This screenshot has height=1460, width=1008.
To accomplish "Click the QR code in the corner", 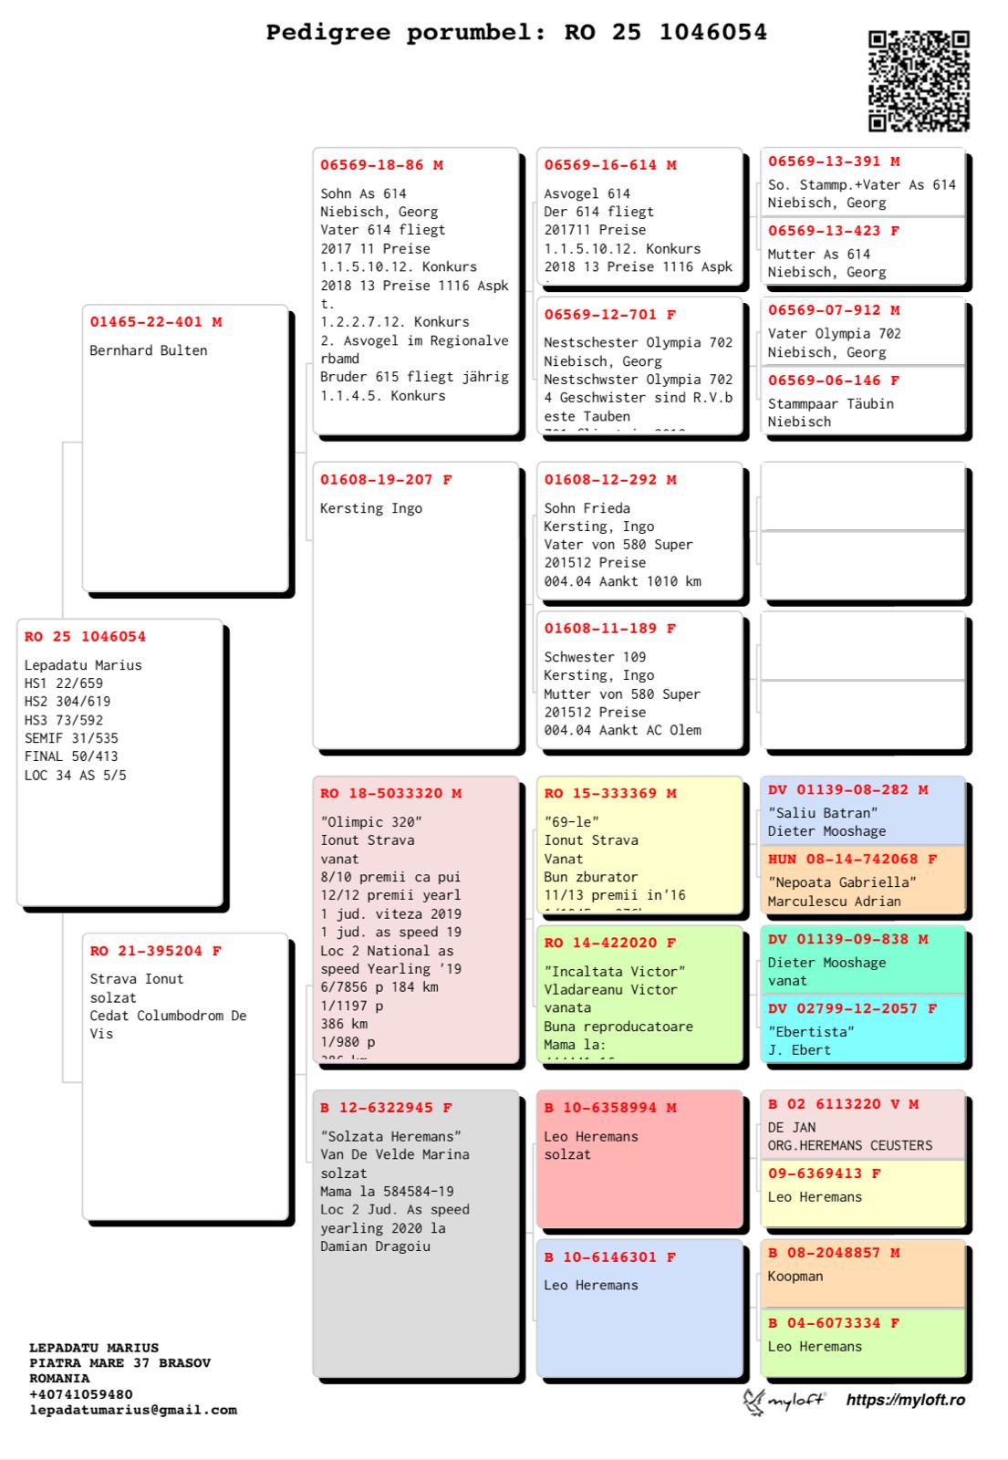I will [918, 81].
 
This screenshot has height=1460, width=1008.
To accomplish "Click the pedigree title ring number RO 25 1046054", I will [665, 33].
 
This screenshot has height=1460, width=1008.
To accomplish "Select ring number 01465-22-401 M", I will [155, 322].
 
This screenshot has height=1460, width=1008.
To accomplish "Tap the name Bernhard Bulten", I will [148, 350].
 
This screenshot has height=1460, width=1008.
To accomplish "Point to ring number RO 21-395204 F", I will [155, 951].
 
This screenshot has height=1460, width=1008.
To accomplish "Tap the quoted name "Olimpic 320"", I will [370, 822].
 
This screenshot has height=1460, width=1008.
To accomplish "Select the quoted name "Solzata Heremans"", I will [390, 1136].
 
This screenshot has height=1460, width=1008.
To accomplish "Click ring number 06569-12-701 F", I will [609, 315].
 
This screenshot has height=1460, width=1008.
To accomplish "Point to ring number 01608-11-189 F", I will [609, 629].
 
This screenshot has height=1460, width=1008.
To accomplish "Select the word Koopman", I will [795, 1277].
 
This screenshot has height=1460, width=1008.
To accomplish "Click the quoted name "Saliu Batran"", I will [822, 813].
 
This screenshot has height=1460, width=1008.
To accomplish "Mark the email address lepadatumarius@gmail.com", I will [133, 1410].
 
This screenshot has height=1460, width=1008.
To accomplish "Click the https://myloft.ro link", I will [905, 1400].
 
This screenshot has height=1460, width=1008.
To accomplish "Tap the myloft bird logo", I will [753, 1402].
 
